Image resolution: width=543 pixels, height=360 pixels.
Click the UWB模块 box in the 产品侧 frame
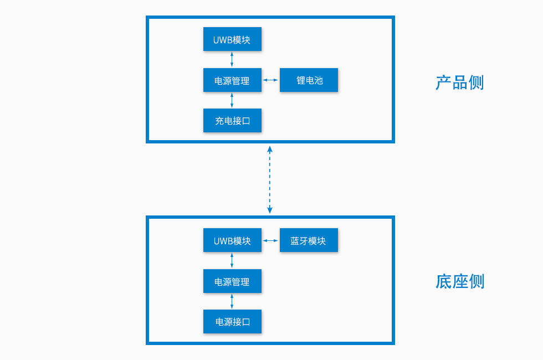point(232,39)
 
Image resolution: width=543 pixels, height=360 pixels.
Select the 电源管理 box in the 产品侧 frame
point(232,80)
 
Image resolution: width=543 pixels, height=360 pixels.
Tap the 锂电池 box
point(309,80)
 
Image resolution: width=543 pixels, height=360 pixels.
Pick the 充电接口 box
point(232,120)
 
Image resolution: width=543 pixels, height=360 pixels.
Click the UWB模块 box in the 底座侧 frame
point(232,240)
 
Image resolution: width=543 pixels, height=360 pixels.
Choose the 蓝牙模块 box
point(309,240)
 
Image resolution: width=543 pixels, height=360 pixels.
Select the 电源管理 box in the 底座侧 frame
point(232,281)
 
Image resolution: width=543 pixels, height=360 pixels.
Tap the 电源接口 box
point(232,321)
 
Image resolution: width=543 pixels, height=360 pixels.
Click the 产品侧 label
point(459,83)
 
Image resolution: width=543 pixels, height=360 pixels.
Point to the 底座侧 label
point(459,281)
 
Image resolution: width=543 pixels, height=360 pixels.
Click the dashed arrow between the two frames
point(270,179)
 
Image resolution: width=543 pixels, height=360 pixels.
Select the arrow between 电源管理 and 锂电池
point(270,80)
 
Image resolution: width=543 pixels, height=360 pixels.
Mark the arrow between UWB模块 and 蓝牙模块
point(270,240)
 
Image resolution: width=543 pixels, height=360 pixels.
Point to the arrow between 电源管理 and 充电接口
point(232,100)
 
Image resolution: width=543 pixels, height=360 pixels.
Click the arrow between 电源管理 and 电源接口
point(232,301)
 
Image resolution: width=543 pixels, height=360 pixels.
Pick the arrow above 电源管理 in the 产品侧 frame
point(232,59)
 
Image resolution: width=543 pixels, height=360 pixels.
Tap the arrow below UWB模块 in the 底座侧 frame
point(232,260)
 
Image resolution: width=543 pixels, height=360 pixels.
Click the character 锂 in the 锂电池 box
point(300,80)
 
